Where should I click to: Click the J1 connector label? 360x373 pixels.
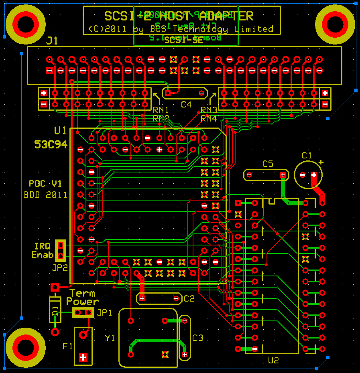coord(52,41)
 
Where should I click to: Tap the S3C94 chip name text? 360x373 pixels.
coord(51,144)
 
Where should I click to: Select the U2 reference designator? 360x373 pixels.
coord(273,360)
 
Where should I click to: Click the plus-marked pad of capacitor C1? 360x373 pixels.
coord(314,175)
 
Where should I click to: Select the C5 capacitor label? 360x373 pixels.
coord(268,164)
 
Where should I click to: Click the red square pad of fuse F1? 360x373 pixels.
coord(83,357)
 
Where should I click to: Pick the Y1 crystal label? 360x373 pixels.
coord(110,338)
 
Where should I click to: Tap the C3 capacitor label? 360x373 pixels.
coord(198,338)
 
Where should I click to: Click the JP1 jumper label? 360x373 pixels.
coord(104,312)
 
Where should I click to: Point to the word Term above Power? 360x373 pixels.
coord(83,294)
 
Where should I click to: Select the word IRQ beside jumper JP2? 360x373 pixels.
coord(42,246)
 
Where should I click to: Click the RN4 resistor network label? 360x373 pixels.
coord(209,118)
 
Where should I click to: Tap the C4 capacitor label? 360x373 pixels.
coord(186,104)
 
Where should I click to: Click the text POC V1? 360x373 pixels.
coord(45,184)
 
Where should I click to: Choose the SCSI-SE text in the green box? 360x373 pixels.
coord(181,40)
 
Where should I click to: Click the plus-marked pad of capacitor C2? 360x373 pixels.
coord(142,298)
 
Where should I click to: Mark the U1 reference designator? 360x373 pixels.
coord(60,130)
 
